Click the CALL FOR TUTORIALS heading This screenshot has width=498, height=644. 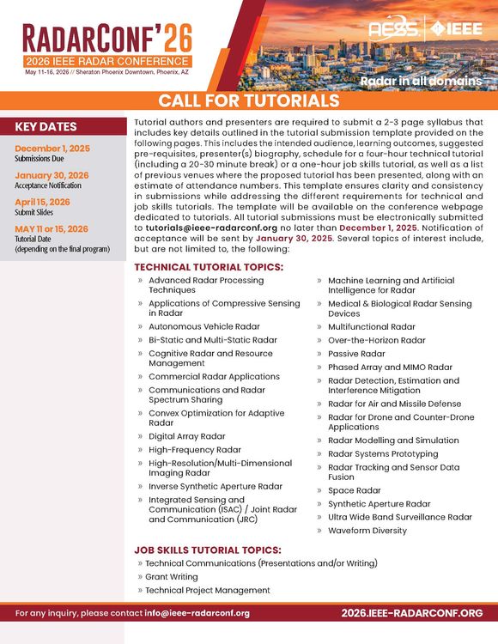click(x=248, y=100)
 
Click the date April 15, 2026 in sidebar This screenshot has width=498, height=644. click(x=42, y=202)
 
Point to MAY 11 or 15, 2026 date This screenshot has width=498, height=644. click(x=52, y=228)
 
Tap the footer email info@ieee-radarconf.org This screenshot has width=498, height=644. click(x=197, y=613)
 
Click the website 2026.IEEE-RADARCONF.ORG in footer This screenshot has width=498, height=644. click(x=411, y=613)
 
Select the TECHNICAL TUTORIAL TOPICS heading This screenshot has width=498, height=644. click(x=209, y=267)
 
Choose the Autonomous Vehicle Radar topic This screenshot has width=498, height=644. click(x=203, y=326)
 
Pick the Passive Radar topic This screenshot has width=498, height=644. click(x=356, y=354)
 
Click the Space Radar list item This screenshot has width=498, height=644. click(x=354, y=490)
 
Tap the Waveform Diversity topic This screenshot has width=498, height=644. click(x=367, y=531)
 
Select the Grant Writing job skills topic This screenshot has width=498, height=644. click(x=171, y=577)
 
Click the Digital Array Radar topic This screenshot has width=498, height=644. click(x=186, y=436)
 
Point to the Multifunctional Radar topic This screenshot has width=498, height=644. click(x=371, y=326)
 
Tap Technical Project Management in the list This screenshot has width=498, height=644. click(x=207, y=591)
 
